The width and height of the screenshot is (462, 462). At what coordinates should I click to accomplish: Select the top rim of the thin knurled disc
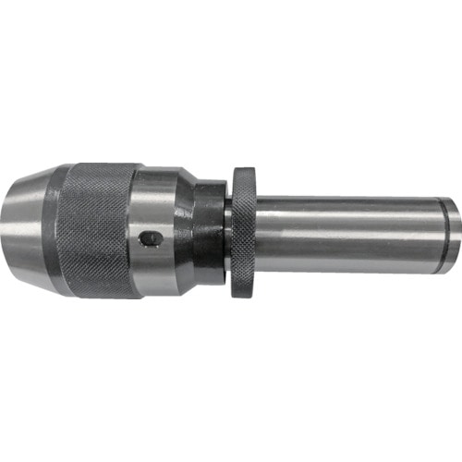pos(244,172)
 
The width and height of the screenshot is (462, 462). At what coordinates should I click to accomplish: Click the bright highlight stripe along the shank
pos(351,215)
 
